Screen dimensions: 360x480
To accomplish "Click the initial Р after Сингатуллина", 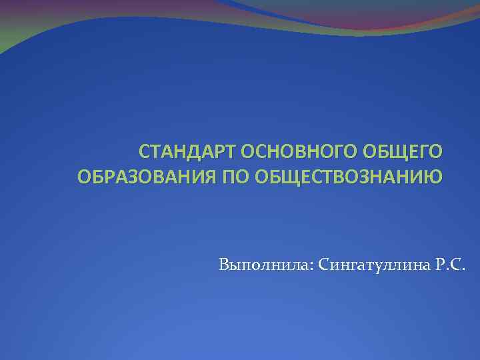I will coord(443,267).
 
